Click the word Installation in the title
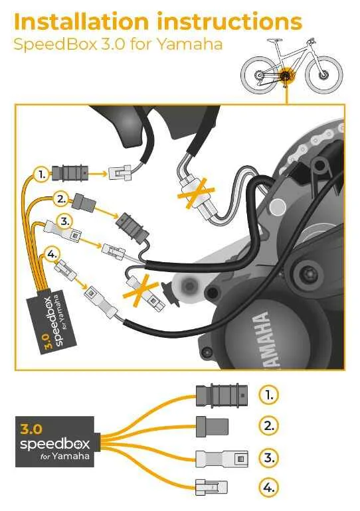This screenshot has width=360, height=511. pos(82,22)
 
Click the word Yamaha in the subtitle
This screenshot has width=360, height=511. pos(190,44)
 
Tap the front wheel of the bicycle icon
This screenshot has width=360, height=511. pos(324,74)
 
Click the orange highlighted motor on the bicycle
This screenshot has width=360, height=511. pos(287,76)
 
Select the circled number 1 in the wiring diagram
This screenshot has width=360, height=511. pos(42,175)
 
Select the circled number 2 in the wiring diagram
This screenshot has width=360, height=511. pos(61,199)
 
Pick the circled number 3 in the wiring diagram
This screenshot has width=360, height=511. pos(65,222)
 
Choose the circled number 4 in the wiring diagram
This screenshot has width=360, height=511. pos(52,254)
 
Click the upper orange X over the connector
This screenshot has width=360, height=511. pos(196,193)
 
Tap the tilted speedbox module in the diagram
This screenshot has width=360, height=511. pos(51,321)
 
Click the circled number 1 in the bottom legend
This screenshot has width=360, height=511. pos(269,395)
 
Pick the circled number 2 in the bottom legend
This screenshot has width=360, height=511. pos(269,425)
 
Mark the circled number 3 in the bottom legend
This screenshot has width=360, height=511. pos(269,457)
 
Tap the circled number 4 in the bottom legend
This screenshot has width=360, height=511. pos(269,488)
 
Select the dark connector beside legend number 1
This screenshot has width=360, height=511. pos(222,396)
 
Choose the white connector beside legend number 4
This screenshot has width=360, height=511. pos(211,488)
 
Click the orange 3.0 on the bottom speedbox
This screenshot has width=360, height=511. pos(31,429)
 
